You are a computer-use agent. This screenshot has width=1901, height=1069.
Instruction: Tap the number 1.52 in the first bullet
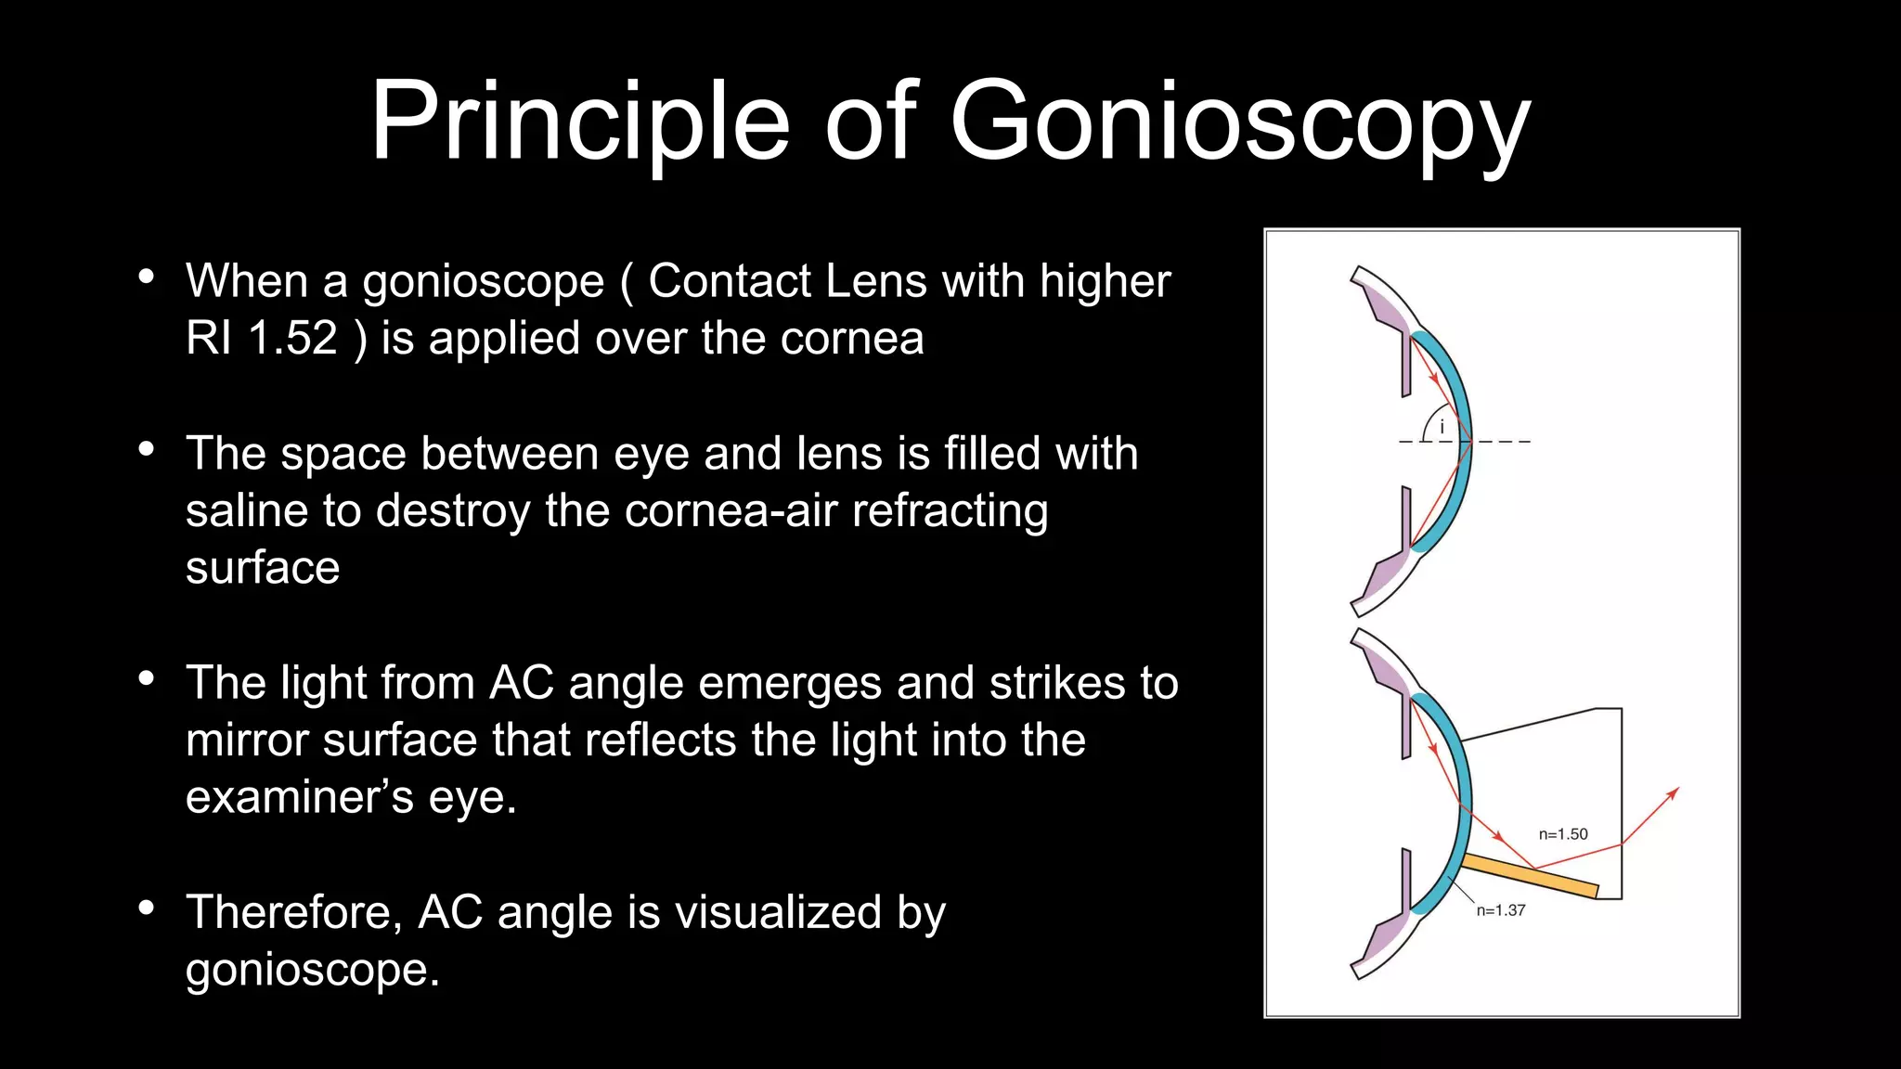292,338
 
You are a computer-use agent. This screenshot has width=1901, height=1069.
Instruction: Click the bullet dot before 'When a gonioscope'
146,277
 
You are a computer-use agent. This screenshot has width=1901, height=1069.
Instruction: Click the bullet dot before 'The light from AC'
146,678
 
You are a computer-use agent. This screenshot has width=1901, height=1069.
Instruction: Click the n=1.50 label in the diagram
1563,834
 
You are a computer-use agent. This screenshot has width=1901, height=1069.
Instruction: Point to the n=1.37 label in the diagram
1501,910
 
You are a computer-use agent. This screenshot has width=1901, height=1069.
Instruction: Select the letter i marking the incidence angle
1442,428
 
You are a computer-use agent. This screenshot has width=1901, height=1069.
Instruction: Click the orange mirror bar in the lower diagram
1532,877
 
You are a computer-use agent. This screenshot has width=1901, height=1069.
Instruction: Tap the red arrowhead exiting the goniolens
1673,793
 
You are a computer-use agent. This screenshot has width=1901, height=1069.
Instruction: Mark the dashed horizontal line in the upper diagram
1504,442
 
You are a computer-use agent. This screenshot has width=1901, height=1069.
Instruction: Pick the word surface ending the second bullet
263,568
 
